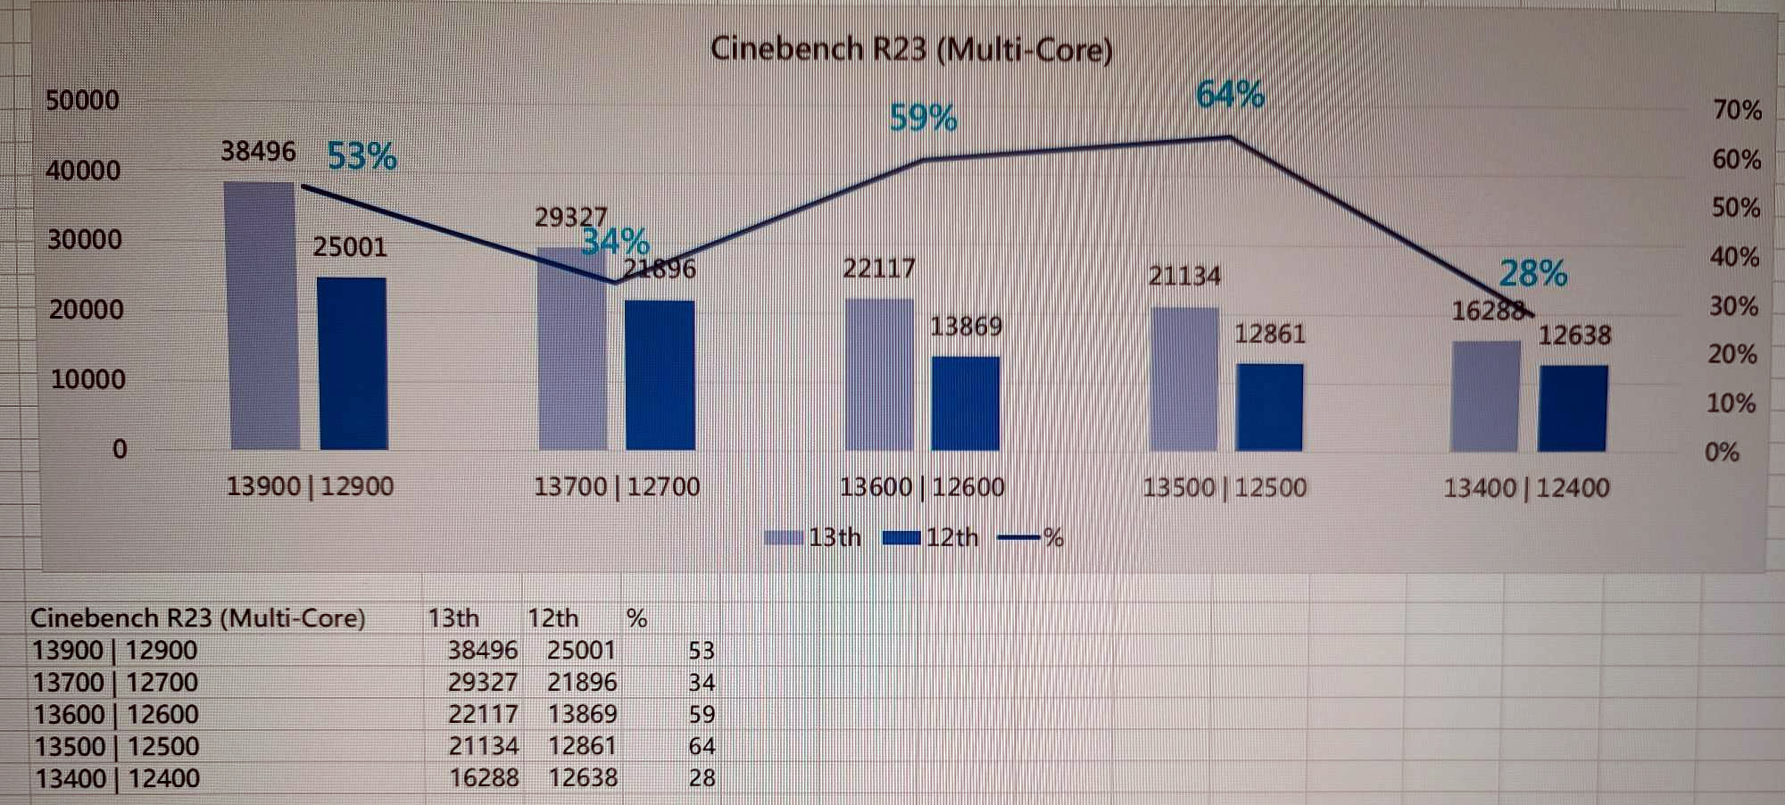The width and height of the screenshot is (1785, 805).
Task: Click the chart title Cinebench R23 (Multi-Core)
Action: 911,49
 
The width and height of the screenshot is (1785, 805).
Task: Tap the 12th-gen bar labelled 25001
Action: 353,363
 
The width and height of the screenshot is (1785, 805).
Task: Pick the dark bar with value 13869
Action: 966,403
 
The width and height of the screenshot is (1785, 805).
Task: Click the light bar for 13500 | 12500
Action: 1184,378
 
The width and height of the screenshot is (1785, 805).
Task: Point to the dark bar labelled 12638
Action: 1573,408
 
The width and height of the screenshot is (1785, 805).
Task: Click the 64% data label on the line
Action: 1230,95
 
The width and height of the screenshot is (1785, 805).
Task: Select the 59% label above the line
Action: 923,118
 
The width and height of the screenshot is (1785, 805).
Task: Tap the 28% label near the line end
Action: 1532,273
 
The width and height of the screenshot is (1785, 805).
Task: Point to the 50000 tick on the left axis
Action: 82,100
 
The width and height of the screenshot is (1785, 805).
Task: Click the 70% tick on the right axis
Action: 1737,111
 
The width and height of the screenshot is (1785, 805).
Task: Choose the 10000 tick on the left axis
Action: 87,379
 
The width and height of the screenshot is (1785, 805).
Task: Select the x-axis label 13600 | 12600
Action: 922,487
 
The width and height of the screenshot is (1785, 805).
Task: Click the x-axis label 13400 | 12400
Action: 1526,488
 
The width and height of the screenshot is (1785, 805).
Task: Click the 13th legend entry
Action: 813,537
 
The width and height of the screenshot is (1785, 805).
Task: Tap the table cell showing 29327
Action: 482,683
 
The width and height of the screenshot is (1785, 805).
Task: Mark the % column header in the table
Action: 636,618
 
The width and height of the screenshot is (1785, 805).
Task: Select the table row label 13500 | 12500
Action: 116,746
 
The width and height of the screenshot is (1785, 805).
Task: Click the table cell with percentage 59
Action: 702,715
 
